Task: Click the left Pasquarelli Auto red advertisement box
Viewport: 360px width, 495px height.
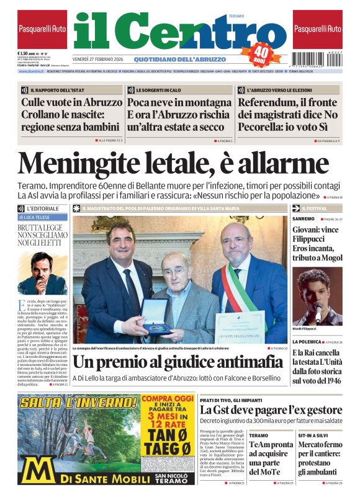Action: pos(42,29)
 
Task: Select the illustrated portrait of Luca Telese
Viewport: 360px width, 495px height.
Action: pos(41,272)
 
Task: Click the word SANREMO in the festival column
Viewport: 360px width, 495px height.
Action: pos(304,219)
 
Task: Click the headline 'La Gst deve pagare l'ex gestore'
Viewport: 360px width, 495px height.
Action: pos(271,410)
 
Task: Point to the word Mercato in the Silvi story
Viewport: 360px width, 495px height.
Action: pos(315,445)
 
